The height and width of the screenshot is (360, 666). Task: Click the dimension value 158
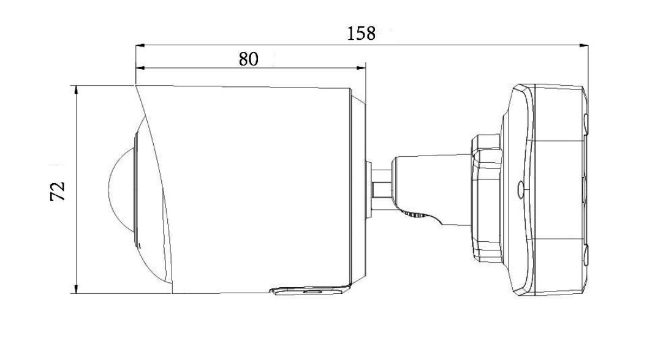point(361,33)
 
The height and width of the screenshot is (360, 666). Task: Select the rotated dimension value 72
point(58,190)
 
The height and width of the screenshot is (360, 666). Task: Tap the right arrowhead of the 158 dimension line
point(584,45)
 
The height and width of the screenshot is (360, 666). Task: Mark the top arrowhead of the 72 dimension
point(76,89)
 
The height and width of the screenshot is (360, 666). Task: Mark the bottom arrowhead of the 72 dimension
point(76,289)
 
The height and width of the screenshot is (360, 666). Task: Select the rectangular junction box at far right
point(558,190)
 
